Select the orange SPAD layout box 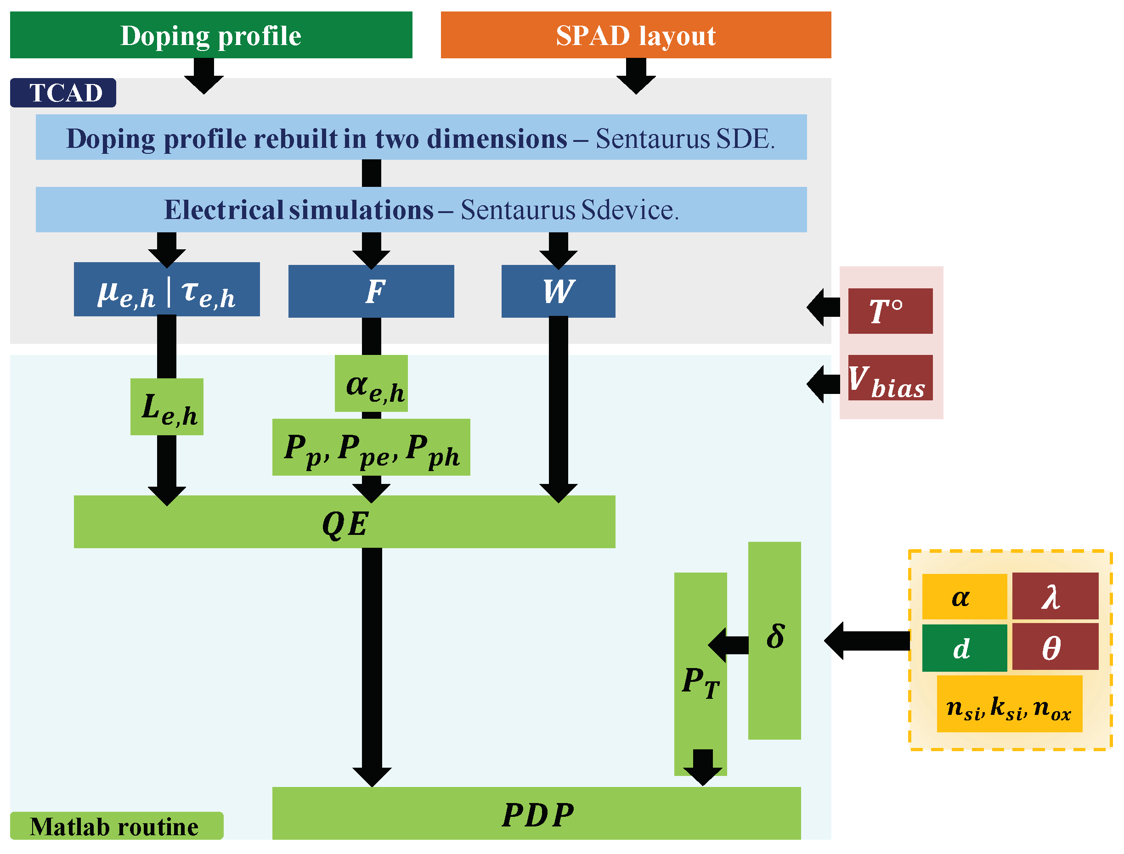(635, 35)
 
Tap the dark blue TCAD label (63, 93)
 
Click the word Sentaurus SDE (684, 138)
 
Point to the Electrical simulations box (421, 209)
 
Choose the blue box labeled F (371, 291)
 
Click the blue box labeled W (558, 291)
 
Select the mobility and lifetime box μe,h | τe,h (166, 290)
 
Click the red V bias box (890, 378)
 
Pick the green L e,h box (167, 407)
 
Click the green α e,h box (371, 384)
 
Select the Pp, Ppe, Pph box (371, 447)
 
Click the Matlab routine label (116, 826)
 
